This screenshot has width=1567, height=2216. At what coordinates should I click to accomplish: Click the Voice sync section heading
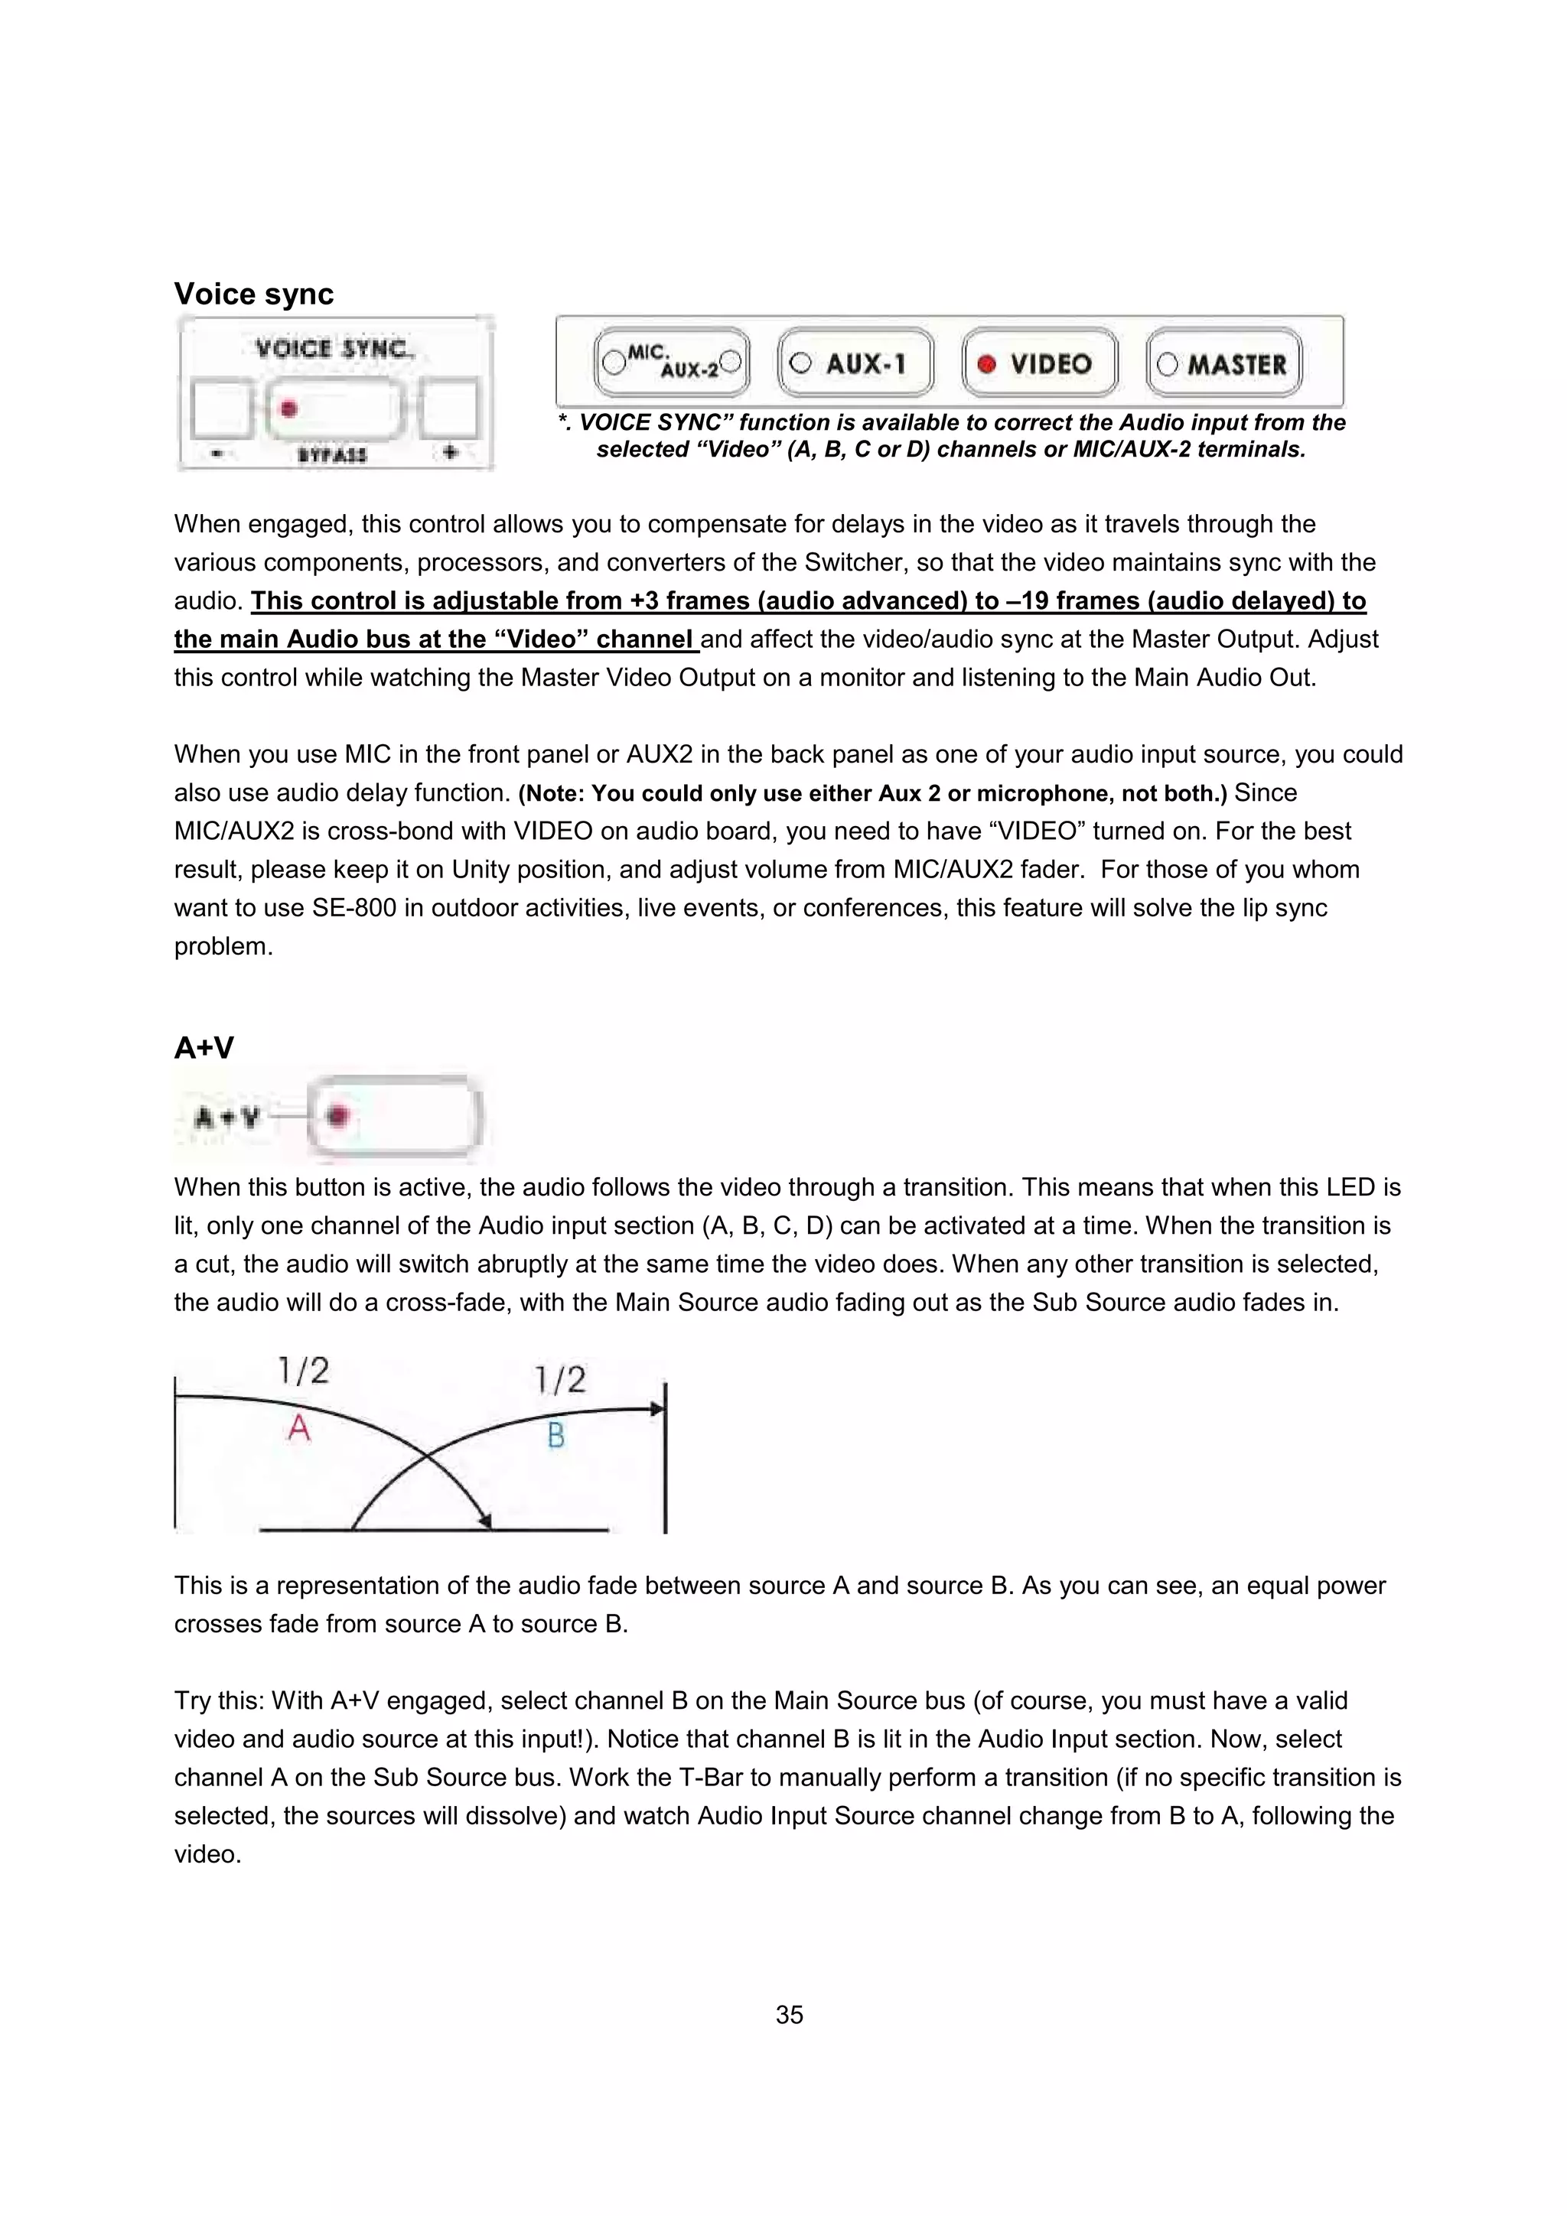pos(253,294)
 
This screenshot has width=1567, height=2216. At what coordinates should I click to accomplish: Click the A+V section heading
pos(204,1048)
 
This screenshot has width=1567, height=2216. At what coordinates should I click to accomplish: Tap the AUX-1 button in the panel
pos(855,364)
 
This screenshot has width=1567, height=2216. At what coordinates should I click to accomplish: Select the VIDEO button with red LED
pos(1039,364)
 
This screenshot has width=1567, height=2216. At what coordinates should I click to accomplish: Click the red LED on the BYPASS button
pos(288,409)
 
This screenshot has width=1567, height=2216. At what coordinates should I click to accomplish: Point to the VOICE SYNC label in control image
pos(332,348)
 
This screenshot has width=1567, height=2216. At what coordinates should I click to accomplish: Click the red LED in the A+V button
pos(337,1117)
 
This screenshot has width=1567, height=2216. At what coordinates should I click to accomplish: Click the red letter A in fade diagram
pos(299,1427)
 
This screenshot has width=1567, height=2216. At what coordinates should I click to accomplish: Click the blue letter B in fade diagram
pos(556,1436)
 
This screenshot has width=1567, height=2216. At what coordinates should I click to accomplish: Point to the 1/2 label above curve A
pos(303,1371)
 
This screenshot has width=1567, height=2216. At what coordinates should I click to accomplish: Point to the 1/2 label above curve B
pos(561,1379)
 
